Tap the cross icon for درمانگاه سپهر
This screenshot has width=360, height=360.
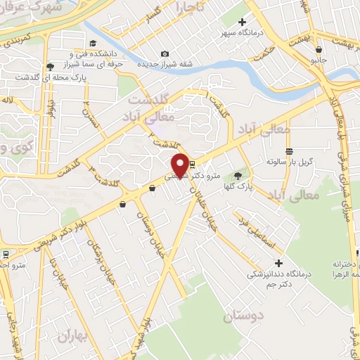[x=243, y=22]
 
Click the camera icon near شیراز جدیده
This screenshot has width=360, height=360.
[x=165, y=54]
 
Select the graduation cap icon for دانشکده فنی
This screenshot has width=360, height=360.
[x=71, y=53]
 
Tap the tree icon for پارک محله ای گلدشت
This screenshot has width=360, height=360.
[x=50, y=67]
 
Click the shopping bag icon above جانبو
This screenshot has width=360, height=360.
[x=319, y=50]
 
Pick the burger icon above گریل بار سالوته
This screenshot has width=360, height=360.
[x=288, y=152]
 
